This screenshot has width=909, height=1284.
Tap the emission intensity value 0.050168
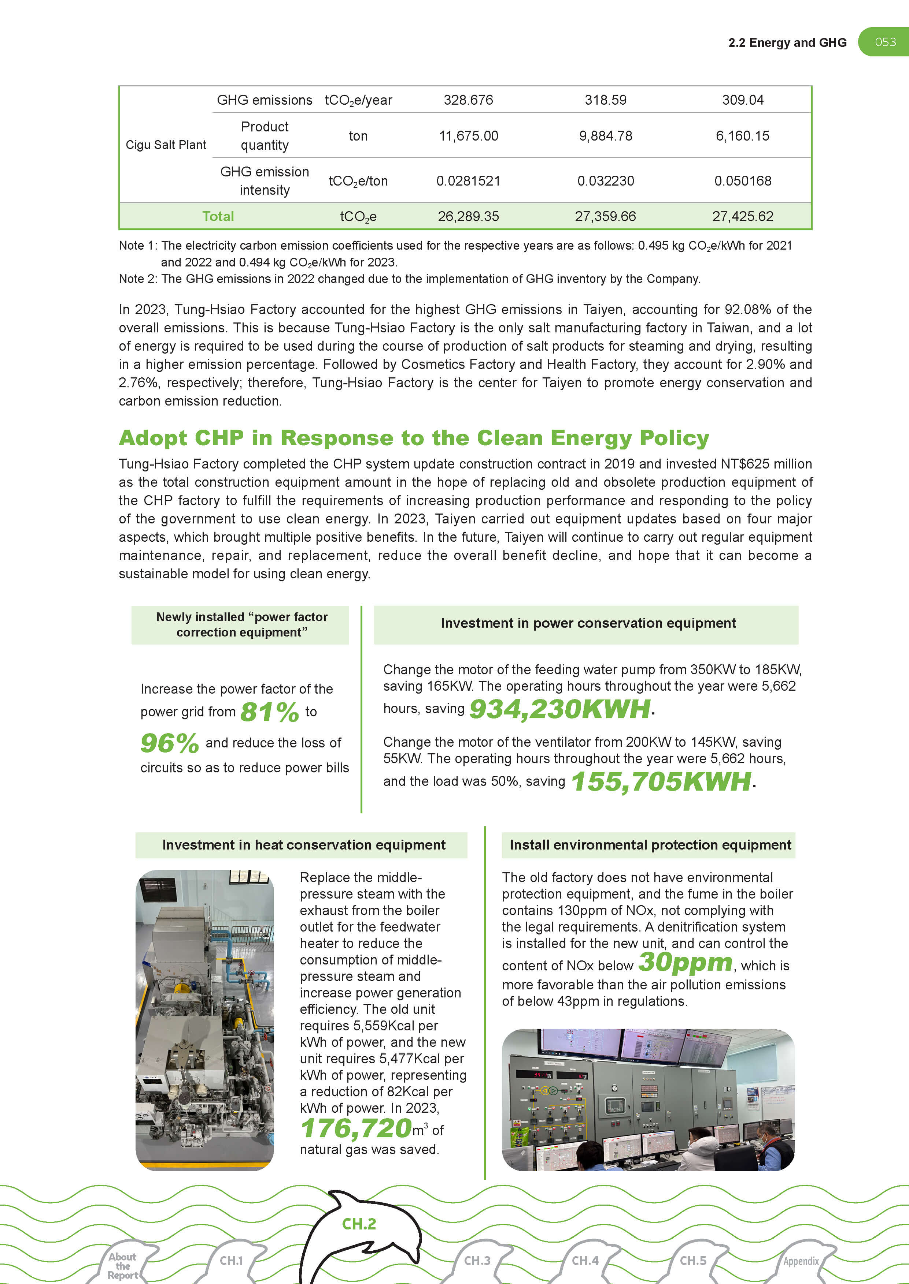click(x=742, y=181)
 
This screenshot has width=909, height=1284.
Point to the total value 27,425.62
click(x=742, y=216)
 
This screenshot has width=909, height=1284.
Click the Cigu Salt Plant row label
click(x=166, y=145)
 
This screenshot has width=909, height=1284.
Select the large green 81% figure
click(x=270, y=712)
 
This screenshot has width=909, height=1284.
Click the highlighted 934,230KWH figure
click(x=560, y=709)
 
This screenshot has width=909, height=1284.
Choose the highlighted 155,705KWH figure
click(x=661, y=781)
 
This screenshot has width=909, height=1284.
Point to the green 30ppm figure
click(x=685, y=962)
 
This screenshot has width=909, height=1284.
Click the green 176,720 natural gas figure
click(x=356, y=1128)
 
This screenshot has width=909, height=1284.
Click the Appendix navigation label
click(x=801, y=1261)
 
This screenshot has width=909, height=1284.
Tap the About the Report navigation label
click(x=123, y=1266)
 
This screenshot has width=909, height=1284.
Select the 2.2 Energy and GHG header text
click(x=787, y=42)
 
